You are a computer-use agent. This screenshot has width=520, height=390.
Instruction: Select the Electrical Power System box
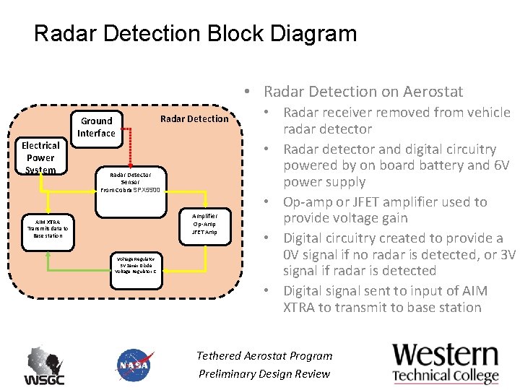[x=40, y=157]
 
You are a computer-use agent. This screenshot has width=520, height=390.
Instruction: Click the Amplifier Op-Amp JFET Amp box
[x=204, y=224]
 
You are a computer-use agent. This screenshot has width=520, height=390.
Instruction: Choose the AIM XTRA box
[x=47, y=228]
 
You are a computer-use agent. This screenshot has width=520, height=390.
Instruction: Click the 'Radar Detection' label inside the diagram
[x=193, y=119]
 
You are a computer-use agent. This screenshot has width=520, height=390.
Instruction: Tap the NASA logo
[x=134, y=365]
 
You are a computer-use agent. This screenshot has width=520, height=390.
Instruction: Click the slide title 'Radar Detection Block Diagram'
[x=195, y=33]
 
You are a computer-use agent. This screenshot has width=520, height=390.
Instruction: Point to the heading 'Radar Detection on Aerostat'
[x=363, y=91]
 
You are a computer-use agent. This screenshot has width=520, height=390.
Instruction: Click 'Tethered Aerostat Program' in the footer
[x=264, y=355]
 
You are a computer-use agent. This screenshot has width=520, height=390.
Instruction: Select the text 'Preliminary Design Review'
[x=264, y=373]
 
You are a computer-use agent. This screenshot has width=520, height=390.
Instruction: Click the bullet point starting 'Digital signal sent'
[x=385, y=299]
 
